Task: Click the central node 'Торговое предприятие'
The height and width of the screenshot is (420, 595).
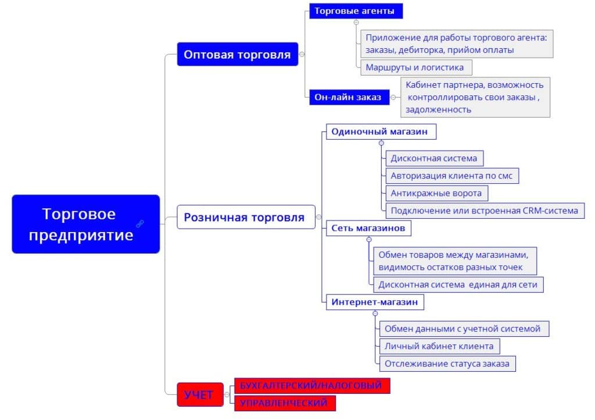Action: click(x=86, y=224)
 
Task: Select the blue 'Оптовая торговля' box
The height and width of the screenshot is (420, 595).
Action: click(x=237, y=54)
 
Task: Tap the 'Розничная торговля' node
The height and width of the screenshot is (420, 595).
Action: click(x=245, y=217)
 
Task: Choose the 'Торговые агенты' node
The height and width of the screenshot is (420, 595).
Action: click(x=354, y=11)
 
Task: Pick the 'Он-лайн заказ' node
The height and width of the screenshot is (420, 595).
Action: click(x=348, y=97)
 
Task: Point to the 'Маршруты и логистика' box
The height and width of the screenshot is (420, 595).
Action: click(x=415, y=67)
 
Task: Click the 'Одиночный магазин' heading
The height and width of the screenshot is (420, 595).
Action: click(x=379, y=131)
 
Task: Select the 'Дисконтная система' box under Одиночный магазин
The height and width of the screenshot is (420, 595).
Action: click(x=433, y=158)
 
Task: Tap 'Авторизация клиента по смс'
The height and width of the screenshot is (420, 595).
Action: click(x=451, y=175)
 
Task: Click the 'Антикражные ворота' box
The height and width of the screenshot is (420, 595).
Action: click(x=436, y=193)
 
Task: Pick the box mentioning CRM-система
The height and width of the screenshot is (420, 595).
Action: click(x=484, y=210)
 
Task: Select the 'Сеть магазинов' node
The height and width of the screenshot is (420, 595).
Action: click(x=368, y=228)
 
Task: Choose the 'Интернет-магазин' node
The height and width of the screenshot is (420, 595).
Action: click(x=374, y=302)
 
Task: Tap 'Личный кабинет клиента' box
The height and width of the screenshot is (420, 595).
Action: click(x=439, y=346)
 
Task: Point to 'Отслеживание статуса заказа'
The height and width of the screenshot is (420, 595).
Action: click(x=446, y=364)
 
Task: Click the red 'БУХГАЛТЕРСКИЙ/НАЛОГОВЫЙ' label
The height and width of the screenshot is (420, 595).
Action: click(x=311, y=385)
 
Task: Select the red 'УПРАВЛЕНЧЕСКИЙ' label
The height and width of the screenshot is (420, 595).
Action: click(x=284, y=403)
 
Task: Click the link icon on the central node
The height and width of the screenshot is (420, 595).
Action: click(x=140, y=223)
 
